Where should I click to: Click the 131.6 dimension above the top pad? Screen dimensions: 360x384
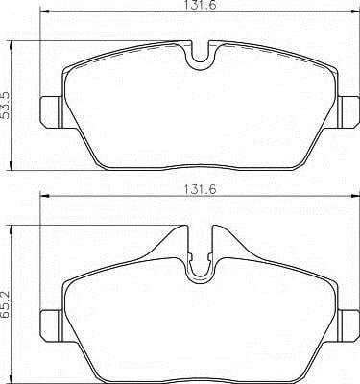point(201,5)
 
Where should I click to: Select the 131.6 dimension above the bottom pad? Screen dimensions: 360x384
point(201,189)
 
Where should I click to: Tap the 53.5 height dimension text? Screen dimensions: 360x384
point(6,106)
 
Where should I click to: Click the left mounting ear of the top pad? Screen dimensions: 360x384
point(52,112)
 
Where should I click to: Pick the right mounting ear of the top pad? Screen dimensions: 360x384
point(348,112)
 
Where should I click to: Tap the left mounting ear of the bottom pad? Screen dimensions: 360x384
point(52,325)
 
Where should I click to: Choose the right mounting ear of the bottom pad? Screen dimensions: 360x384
point(348,325)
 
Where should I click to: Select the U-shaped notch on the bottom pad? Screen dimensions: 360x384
point(201,276)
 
